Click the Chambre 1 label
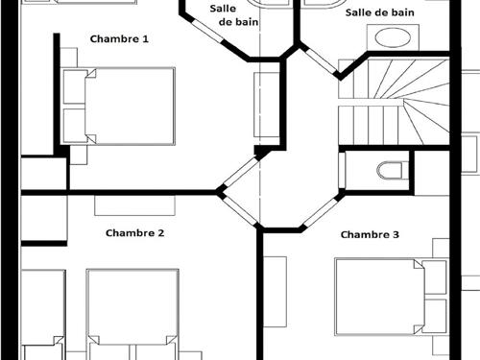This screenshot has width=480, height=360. [x=119, y=39]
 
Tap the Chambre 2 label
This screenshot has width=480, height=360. [x=134, y=233]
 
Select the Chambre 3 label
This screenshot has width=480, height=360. [x=370, y=234]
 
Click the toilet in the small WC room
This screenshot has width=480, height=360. [x=393, y=171]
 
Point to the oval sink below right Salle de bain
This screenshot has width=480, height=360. [x=393, y=37]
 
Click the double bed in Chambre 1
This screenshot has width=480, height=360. [x=119, y=106]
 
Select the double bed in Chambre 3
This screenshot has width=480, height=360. [x=391, y=297]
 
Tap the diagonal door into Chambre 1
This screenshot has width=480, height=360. [x=241, y=172]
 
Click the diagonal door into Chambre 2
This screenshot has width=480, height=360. [x=240, y=211]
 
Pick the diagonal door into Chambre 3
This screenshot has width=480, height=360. [x=321, y=212]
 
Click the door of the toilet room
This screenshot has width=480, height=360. [x=342, y=171]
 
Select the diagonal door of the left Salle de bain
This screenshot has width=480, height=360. [x=208, y=32]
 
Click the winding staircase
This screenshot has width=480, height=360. [x=394, y=102]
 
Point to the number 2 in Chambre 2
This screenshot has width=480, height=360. [x=160, y=233]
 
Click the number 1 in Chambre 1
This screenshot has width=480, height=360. [x=146, y=39]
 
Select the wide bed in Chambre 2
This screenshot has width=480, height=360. [x=132, y=314]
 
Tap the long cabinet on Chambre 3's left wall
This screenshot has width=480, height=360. [x=275, y=292]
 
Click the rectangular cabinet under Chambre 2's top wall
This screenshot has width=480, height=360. [x=134, y=205]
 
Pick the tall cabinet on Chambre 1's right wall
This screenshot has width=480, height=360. [x=267, y=105]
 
